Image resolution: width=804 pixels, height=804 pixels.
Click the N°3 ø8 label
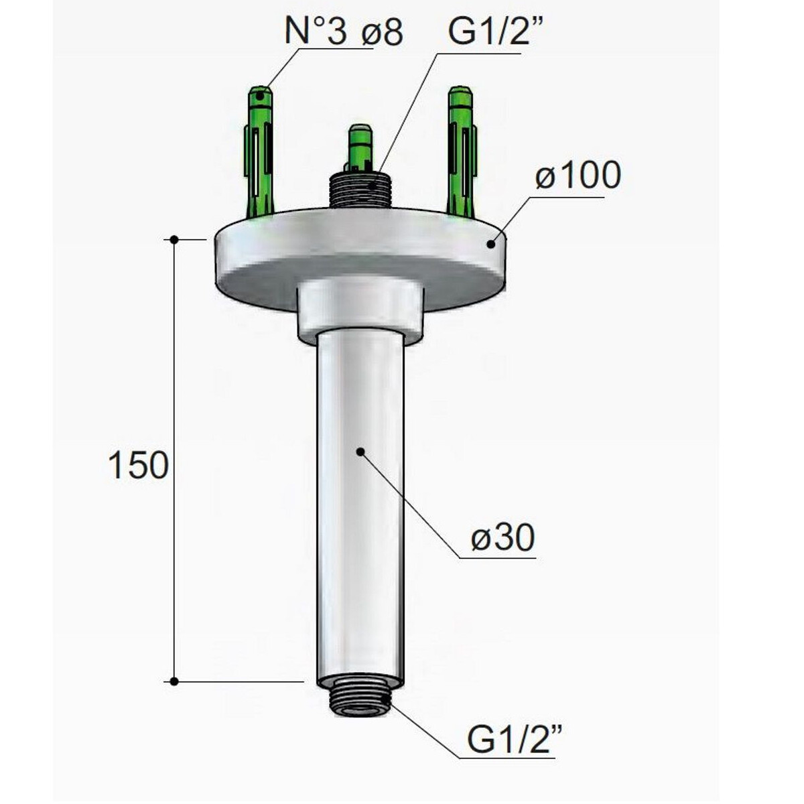pos(344,32)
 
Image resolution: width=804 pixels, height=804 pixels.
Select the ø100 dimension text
pos(578,175)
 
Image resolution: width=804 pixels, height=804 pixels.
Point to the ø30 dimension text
pos(503,538)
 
